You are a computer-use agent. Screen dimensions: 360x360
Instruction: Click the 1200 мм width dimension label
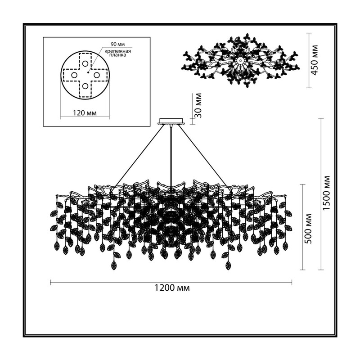pos(171,288)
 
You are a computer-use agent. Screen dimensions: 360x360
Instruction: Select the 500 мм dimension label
pos(308,229)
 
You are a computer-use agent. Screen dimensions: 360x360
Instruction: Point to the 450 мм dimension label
pos(314,60)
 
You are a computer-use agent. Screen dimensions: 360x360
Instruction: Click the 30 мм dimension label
pos(198,105)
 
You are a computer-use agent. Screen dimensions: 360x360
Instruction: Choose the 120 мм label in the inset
pos(85,113)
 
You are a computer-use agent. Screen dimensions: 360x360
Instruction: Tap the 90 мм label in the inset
pos(118,44)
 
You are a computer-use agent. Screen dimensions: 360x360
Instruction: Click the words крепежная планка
pos(117,53)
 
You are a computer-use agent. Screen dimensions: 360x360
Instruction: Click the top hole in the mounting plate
pos(85,63)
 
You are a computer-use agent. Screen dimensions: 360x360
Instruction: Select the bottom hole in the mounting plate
pos(85,86)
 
